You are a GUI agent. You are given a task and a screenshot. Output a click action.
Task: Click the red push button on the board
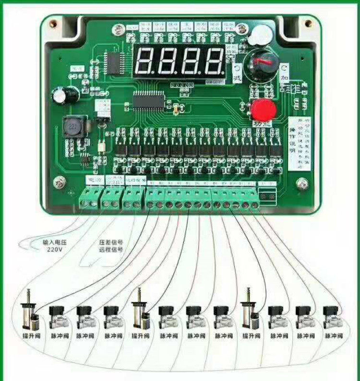pyautogui.click(x=262, y=110)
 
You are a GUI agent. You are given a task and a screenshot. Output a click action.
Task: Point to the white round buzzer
pyautogui.click(x=259, y=35)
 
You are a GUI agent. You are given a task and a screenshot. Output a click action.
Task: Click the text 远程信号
pyautogui.click(x=111, y=250)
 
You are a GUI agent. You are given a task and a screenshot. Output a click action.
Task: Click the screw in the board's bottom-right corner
pyautogui.click(x=302, y=183)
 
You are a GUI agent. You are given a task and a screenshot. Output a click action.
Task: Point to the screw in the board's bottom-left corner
pyautogui.click(x=60, y=182)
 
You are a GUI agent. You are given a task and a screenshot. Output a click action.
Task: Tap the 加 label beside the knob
pyautogui.click(x=285, y=78)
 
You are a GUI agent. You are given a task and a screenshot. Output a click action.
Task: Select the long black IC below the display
pyautogui.click(x=149, y=99)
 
